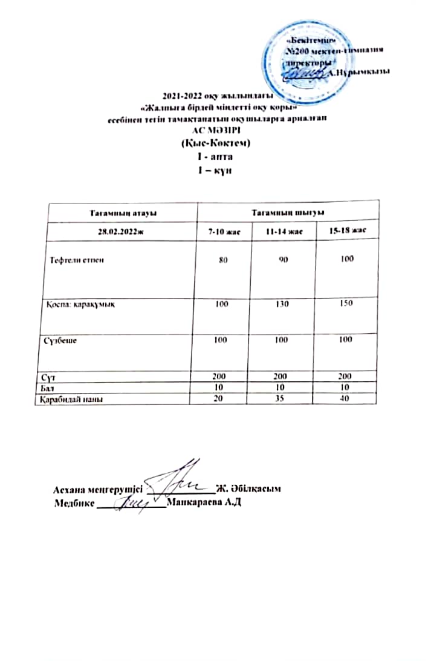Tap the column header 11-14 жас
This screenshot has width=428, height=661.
tap(284, 232)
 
